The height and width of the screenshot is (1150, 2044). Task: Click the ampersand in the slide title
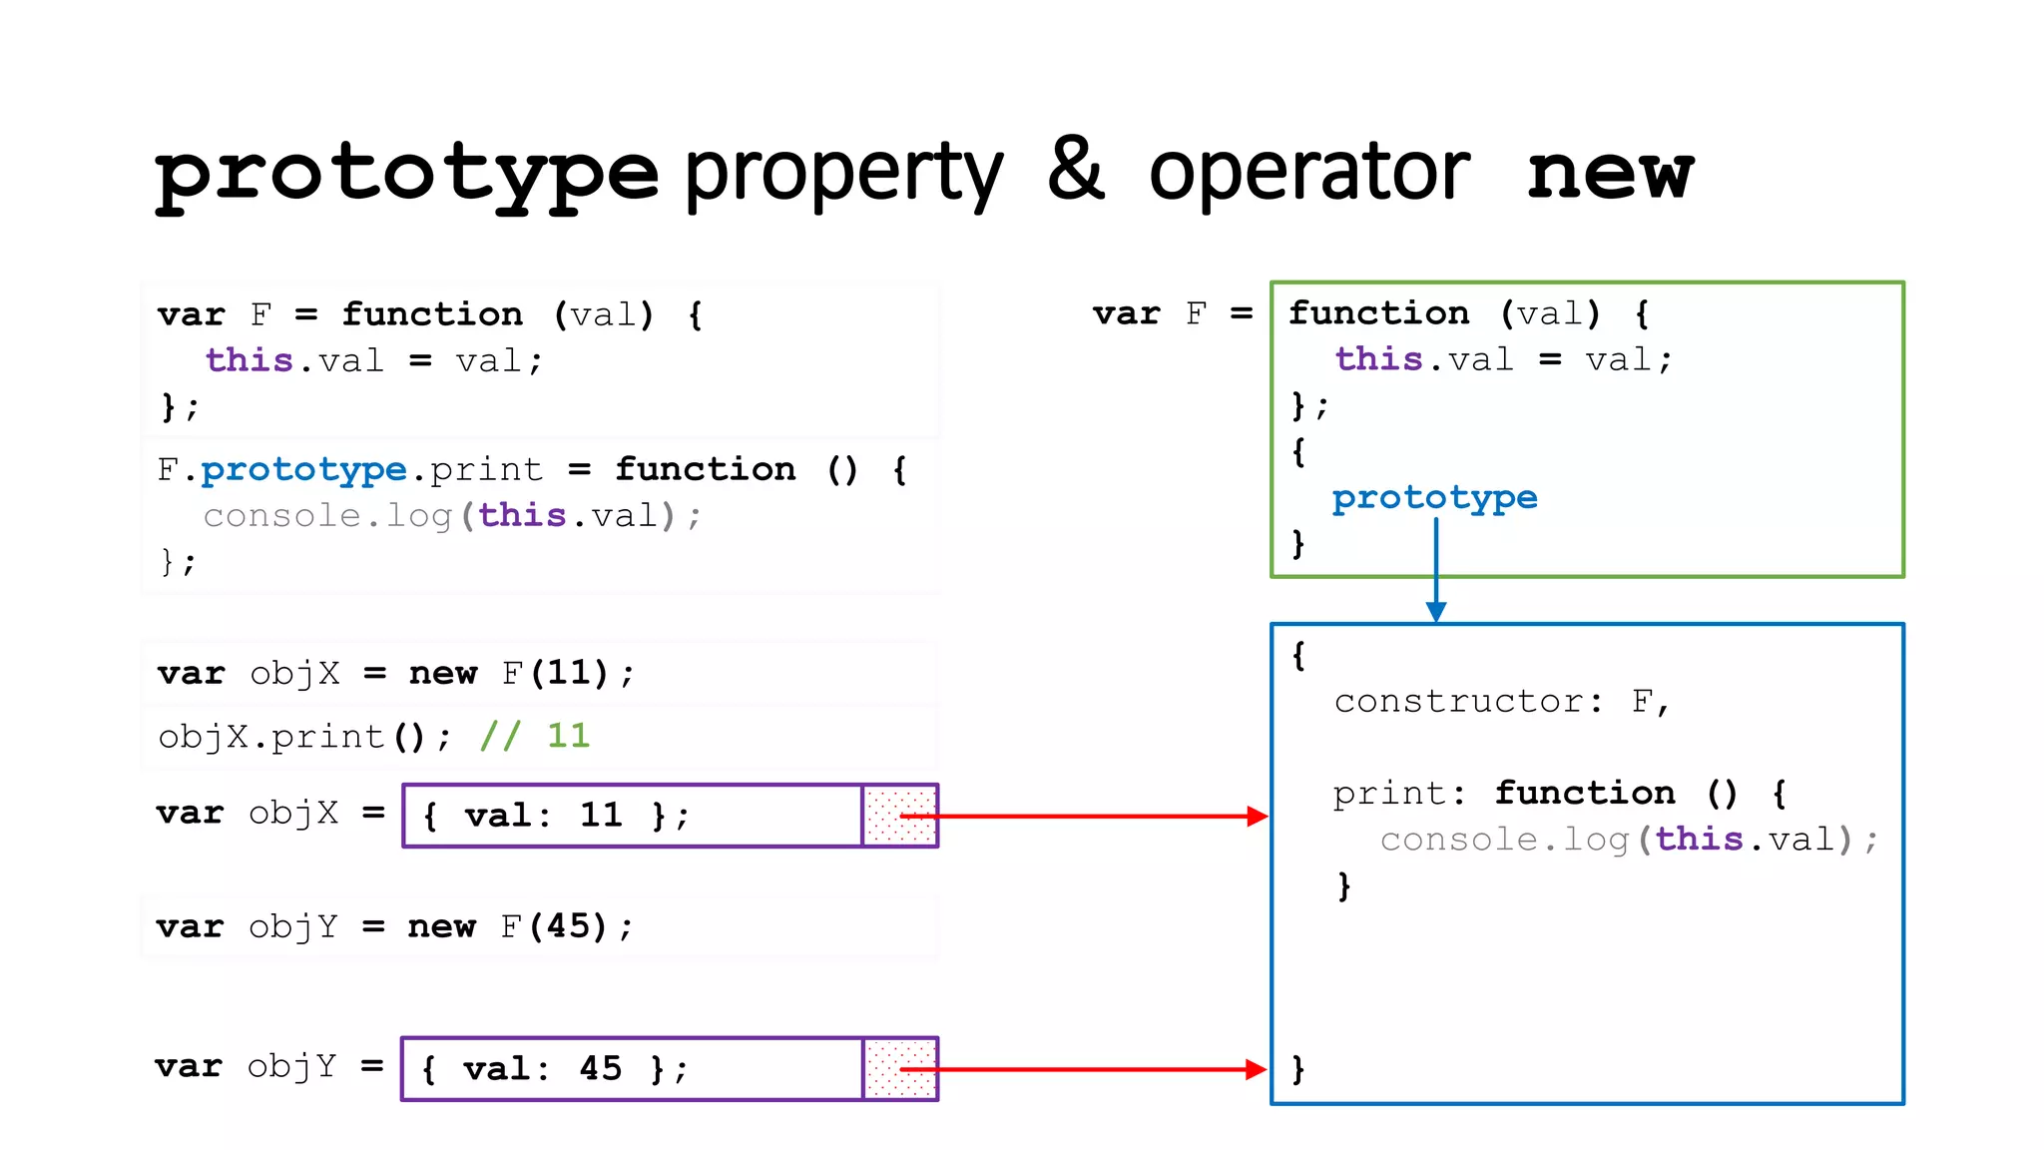[1076, 170]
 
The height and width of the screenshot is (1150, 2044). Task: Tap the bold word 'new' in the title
[1609, 172]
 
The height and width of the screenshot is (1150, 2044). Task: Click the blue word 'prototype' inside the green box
[1434, 497]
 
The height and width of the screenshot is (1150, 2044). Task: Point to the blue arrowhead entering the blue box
[1436, 612]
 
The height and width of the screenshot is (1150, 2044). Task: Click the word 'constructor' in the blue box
[1458, 702]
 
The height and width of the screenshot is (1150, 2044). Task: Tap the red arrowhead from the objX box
[1257, 817]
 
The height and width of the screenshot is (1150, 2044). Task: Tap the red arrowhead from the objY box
[1256, 1070]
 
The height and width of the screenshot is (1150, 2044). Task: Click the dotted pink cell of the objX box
[899, 817]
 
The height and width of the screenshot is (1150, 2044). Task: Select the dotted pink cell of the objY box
[899, 1070]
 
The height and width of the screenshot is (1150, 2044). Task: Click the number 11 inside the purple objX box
[601, 816]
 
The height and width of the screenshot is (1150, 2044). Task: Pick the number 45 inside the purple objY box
[601, 1069]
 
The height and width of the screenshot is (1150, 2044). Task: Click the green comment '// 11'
[535, 737]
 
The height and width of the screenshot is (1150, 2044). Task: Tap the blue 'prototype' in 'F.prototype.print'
[303, 469]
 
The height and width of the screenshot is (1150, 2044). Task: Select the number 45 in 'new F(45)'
[568, 926]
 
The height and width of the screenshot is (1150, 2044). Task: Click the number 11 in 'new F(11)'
[569, 673]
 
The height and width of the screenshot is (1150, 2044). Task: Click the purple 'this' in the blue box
[1699, 840]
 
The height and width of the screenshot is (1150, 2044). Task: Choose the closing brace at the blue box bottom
[1297, 1069]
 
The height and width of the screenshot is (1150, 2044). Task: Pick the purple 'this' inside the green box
[1378, 359]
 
